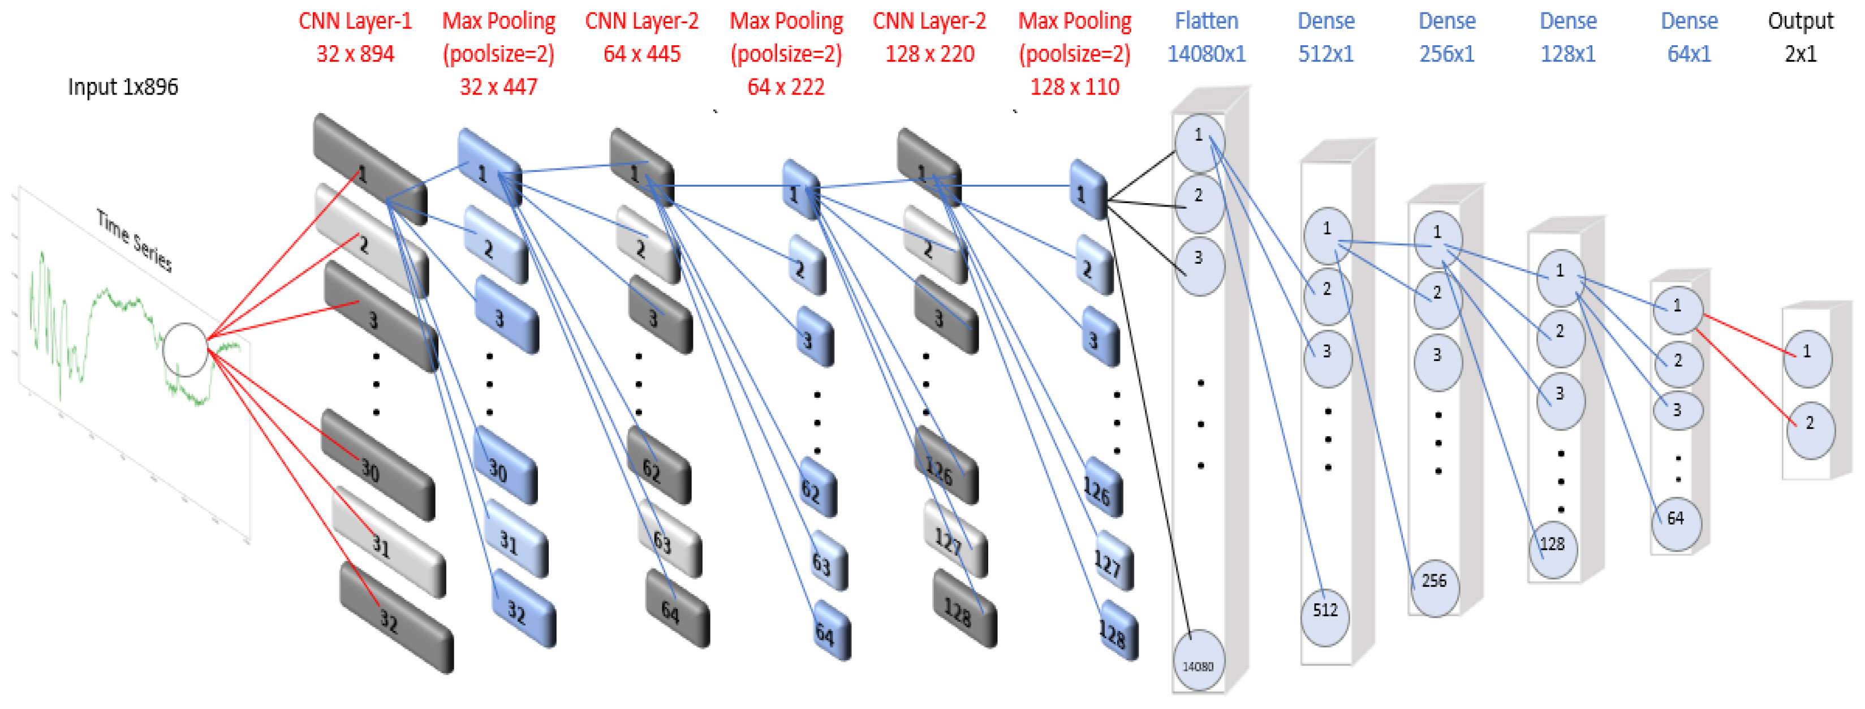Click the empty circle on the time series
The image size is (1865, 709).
[186, 350]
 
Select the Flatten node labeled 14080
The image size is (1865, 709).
[1198, 663]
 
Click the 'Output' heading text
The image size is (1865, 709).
[1800, 21]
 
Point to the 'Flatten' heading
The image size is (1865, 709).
[1205, 21]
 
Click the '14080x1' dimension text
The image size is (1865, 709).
[1205, 54]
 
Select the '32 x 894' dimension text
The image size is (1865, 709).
[355, 54]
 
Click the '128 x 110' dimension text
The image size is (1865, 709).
[1074, 88]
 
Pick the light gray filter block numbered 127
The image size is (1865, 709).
[955, 540]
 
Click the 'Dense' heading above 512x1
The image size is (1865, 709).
[1325, 21]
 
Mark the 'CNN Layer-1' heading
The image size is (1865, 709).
[355, 21]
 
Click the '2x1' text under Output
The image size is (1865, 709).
[1800, 54]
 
